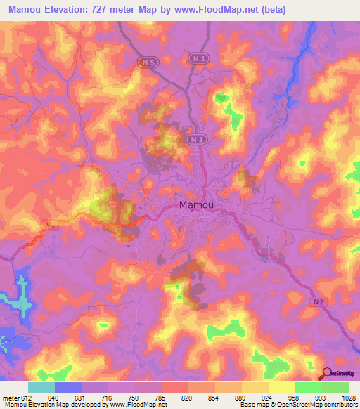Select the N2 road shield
click(x=317, y=301)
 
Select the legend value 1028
click(x=348, y=397)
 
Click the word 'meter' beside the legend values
click(x=11, y=397)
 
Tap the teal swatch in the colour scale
click(x=41, y=387)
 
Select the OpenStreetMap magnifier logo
click(x=326, y=374)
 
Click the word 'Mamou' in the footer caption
click(x=14, y=405)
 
